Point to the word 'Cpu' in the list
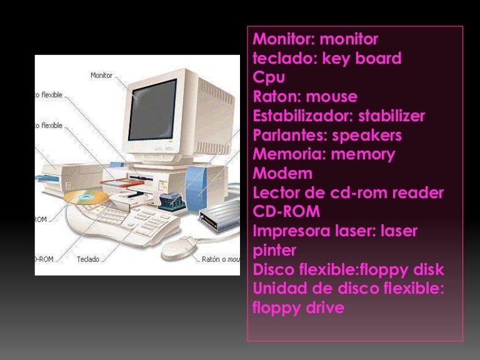tap(269, 78)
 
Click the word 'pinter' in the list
tap(274, 251)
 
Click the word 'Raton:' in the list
tap(277, 97)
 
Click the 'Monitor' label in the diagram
tap(101, 76)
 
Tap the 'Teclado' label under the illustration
tap(88, 259)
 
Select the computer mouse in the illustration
tap(179, 247)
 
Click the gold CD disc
tap(86, 199)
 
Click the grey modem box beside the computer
tap(219, 216)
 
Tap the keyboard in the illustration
tap(122, 222)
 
